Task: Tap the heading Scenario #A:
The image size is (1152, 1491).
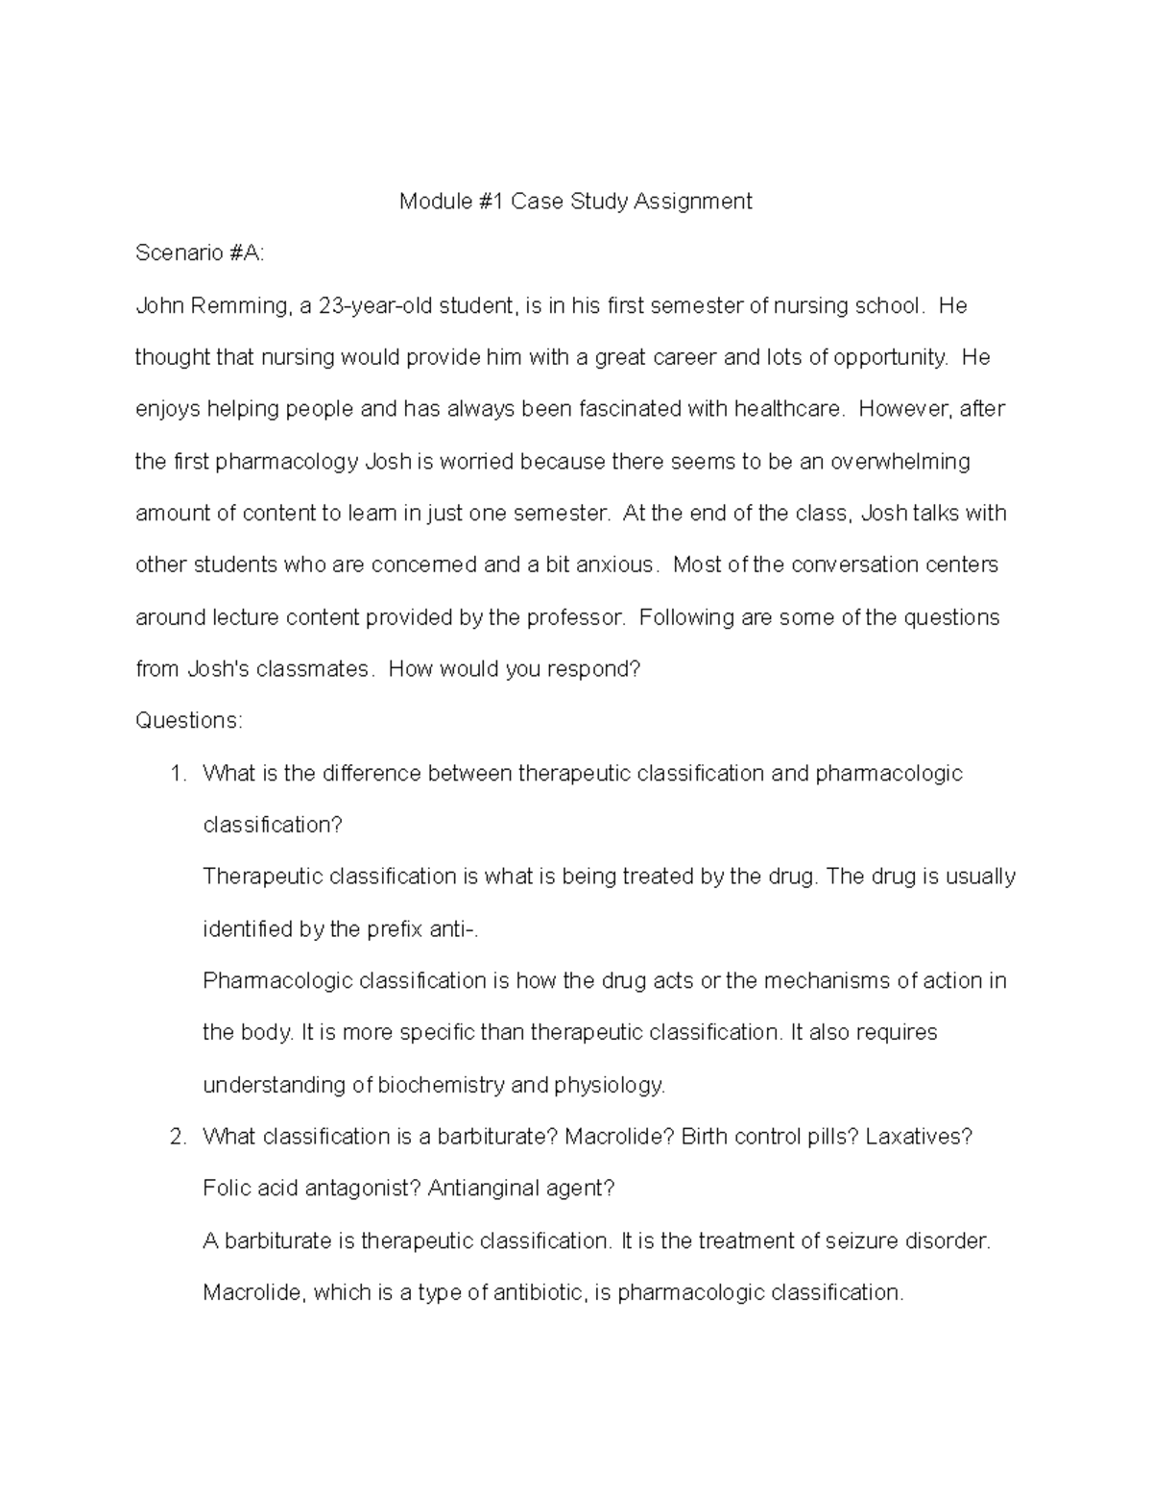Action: (x=199, y=253)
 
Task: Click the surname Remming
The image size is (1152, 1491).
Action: (x=237, y=306)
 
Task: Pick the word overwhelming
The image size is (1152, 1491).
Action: (x=900, y=462)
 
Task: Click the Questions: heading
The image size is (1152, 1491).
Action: (x=189, y=721)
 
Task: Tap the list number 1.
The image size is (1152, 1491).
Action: (x=177, y=774)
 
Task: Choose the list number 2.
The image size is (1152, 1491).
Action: (x=177, y=1138)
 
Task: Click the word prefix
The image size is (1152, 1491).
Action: (x=393, y=929)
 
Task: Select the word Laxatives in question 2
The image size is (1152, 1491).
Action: (x=918, y=1138)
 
